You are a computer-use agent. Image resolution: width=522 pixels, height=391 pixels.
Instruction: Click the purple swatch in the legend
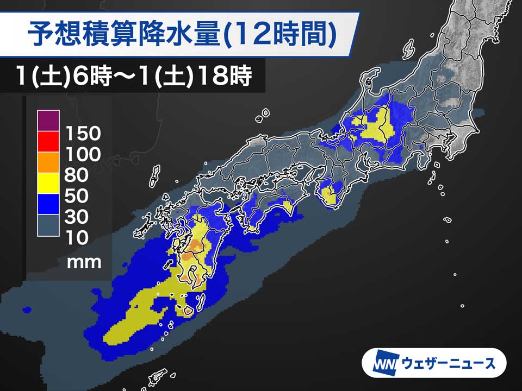click(x=48, y=120)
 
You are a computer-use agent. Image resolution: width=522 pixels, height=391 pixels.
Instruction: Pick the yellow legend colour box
click(x=48, y=183)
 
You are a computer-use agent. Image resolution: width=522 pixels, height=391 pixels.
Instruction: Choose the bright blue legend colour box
click(x=48, y=204)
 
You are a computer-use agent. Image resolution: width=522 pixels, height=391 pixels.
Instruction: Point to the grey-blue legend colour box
click(x=48, y=225)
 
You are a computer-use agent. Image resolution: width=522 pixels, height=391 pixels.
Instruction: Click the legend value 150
click(x=83, y=134)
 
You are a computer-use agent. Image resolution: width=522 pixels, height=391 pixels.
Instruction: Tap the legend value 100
click(x=83, y=155)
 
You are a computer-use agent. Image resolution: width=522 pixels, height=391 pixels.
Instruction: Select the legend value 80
click(x=77, y=175)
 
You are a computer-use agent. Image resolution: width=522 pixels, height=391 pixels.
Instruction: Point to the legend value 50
click(x=77, y=196)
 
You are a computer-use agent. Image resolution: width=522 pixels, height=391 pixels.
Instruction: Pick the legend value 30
click(x=77, y=217)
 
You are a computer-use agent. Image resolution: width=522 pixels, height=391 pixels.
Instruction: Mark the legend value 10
click(x=77, y=238)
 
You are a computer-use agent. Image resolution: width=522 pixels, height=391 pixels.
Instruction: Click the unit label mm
click(x=84, y=262)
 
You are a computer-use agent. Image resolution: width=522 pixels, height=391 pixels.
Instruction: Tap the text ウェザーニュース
click(x=449, y=363)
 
